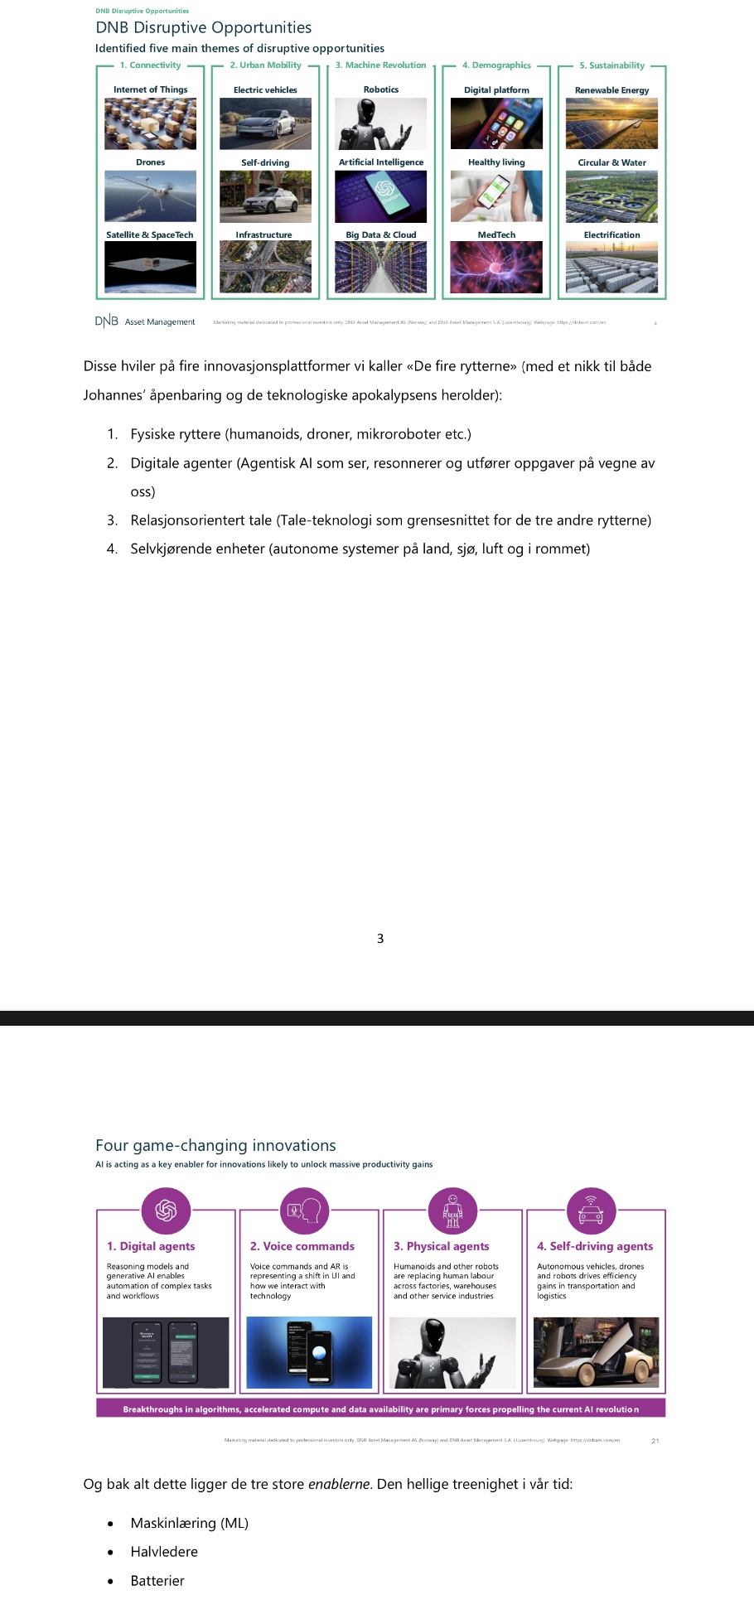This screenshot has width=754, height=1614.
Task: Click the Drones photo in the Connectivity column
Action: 150,196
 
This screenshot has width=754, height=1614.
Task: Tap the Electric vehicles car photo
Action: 265,123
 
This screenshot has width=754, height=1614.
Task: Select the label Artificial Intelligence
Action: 381,162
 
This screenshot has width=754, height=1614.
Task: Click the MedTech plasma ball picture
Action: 496,267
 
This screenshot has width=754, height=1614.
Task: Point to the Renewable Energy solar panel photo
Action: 611,123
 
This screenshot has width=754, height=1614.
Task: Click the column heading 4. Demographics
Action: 496,65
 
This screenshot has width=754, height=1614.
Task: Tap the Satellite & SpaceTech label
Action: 150,235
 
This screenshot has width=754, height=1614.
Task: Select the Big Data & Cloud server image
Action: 381,267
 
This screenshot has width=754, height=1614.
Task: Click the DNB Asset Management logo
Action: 145,321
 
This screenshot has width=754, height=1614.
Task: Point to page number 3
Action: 380,939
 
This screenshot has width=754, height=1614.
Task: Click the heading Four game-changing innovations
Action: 215,1146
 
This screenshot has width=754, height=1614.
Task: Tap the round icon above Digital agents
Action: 166,1210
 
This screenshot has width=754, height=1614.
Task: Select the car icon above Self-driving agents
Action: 591,1210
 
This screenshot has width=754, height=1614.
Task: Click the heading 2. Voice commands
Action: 302,1246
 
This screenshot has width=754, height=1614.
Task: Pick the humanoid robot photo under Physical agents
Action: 452,1352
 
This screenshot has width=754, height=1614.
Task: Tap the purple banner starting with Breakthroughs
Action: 381,1409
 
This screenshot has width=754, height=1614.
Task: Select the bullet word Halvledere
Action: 164,1552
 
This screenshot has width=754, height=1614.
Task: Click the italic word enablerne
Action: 338,1484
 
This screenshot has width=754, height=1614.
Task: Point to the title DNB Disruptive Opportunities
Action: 204,27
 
